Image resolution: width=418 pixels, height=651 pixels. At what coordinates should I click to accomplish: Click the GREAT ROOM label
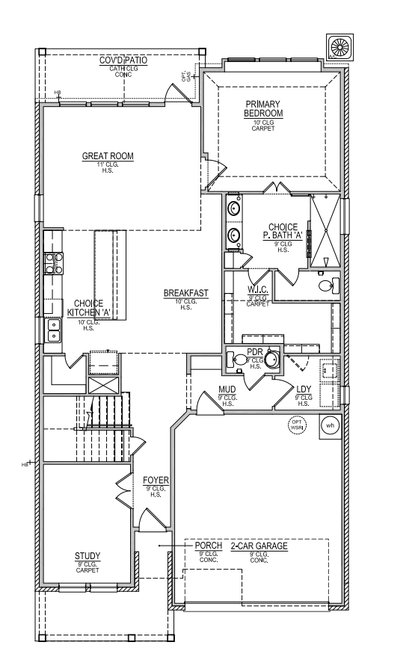[x=108, y=156]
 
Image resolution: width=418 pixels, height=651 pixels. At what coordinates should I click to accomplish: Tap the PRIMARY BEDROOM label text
[x=263, y=108]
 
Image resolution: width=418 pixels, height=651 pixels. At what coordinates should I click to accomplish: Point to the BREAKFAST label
[x=185, y=293]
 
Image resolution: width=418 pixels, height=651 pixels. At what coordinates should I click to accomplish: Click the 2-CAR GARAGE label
[x=259, y=546]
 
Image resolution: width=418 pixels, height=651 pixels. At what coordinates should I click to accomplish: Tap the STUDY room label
[x=87, y=556]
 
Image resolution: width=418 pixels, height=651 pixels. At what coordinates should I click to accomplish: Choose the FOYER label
[x=156, y=478]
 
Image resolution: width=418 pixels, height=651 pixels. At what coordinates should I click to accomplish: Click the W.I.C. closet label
[x=258, y=289]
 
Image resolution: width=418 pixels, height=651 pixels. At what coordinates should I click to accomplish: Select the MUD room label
[x=227, y=389]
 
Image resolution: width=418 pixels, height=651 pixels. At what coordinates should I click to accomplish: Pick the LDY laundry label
[x=304, y=389]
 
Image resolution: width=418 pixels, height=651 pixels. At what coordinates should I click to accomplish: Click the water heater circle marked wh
[x=330, y=425]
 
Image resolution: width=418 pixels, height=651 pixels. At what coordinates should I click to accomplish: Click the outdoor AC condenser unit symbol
[x=339, y=48]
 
